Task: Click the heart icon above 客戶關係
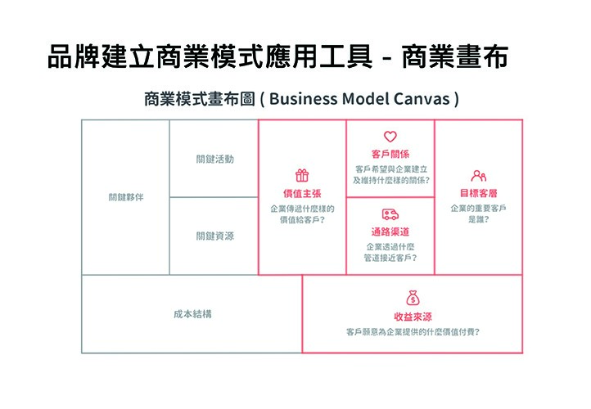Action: click(390, 137)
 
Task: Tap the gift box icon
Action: click(302, 175)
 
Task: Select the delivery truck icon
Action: click(390, 214)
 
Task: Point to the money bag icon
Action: click(413, 298)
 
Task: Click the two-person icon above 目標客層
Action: click(478, 176)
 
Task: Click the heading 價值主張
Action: click(302, 194)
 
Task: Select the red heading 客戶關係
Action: click(390, 154)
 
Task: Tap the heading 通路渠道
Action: click(390, 231)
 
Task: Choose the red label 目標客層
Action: click(478, 193)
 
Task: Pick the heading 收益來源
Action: click(413, 317)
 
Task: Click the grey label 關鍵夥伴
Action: click(126, 197)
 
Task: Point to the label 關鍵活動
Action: click(214, 159)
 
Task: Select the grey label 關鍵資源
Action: click(214, 236)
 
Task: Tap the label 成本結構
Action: click(192, 314)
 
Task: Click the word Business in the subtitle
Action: click(304, 99)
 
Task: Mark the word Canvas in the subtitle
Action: click(422, 99)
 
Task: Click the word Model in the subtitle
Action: click(366, 99)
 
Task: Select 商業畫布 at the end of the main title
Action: click(455, 57)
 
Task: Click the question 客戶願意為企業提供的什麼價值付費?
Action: click(413, 332)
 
